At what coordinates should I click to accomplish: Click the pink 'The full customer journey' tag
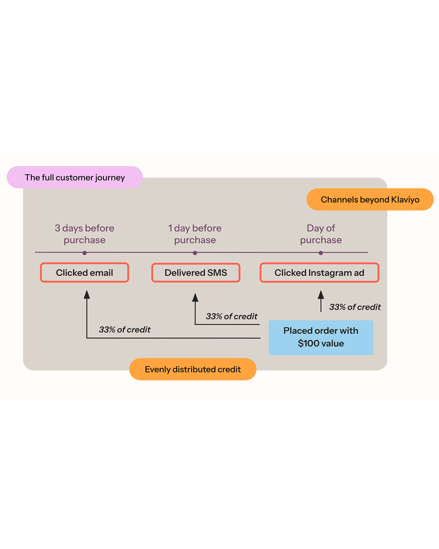pos(75,177)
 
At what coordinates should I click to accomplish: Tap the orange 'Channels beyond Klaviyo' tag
pos(370,199)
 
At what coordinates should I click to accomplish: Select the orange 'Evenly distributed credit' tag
pos(193,369)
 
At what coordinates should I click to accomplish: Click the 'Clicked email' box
pos(85,273)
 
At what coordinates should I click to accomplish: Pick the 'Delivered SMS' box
pos(196,273)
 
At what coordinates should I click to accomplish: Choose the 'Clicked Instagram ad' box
pos(319,273)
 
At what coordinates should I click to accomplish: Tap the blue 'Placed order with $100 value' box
pos(321,337)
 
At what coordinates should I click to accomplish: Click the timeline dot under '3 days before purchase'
pos(85,253)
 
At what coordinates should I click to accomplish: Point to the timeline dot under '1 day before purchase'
pos(195,253)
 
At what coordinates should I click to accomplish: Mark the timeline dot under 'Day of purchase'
pos(321,253)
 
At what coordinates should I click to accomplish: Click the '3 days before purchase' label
pos(85,234)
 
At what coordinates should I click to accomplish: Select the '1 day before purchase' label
pos(195,234)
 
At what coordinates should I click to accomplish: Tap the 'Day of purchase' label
pos(321,234)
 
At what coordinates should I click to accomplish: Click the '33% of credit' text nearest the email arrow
pos(125,329)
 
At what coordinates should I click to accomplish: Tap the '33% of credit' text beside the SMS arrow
pos(232,316)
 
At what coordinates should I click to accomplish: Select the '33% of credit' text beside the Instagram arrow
pos(355,307)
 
